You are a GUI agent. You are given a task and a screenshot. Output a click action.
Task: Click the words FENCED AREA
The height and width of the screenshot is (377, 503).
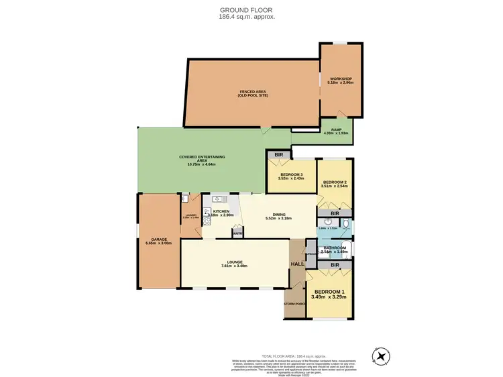point(251,93)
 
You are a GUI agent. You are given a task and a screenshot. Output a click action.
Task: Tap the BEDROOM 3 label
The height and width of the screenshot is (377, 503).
point(291,176)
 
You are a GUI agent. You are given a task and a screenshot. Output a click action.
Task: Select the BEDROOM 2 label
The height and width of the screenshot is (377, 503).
point(334,182)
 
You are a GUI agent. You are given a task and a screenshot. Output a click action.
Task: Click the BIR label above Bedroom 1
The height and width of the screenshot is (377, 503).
point(333,266)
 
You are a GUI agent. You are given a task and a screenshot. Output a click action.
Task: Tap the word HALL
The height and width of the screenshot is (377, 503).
point(297,264)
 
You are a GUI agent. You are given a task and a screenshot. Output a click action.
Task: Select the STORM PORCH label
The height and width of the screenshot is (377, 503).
point(294,304)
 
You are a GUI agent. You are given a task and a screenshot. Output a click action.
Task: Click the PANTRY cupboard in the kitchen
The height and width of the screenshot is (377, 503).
point(237,232)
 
